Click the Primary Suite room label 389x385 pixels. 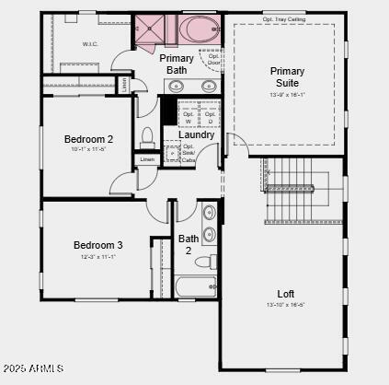pyautogui.click(x=287, y=76)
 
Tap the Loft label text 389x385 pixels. pyautogui.click(x=285, y=294)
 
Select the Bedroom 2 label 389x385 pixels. pyautogui.click(x=88, y=139)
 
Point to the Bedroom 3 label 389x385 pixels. pyautogui.click(x=98, y=245)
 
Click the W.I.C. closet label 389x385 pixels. pyautogui.click(x=89, y=43)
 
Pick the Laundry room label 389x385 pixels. pyautogui.click(x=197, y=134)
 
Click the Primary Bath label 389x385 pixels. pyautogui.click(x=177, y=64)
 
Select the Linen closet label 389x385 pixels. pyautogui.click(x=147, y=159)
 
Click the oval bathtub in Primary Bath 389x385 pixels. pyautogui.click(x=196, y=29)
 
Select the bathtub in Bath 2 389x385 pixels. pyautogui.click(x=195, y=286)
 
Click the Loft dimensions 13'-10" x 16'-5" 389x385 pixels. pyautogui.click(x=285, y=305)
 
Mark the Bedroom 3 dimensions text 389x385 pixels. pyautogui.click(x=98, y=257)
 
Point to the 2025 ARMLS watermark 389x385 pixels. pyautogui.click(x=33, y=368)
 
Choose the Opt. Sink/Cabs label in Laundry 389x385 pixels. pyautogui.click(x=189, y=153)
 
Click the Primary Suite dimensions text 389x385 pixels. pyautogui.click(x=287, y=96)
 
